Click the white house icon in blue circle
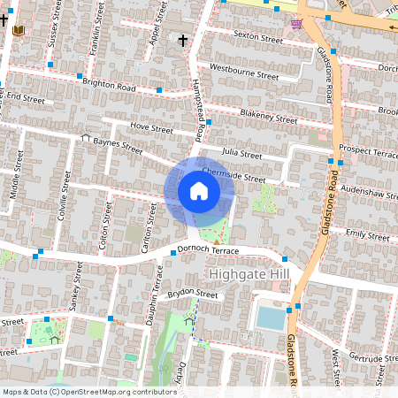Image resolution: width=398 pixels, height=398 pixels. coord(199,191)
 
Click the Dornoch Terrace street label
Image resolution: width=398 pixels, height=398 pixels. coord(209,250)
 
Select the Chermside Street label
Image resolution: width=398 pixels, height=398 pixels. coord(233,175)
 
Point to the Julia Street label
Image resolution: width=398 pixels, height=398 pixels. coord(242,153)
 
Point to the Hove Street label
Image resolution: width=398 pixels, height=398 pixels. coord(151,127)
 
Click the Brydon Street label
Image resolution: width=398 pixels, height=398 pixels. coord(193,294)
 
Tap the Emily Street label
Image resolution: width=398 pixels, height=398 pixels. coord(367,235)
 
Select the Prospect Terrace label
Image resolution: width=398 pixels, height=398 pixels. coord(369,151)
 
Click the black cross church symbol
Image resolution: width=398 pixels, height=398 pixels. coord(183,40)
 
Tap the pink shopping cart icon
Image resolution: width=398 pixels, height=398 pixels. coord(297,24)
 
